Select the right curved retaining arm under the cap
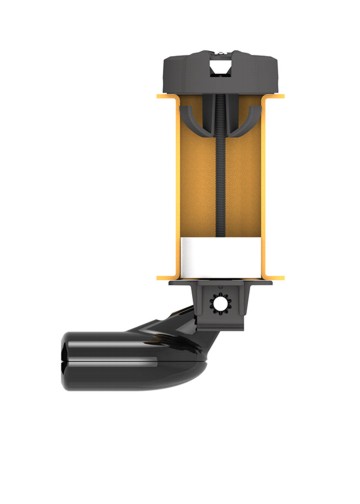(x=247, y=125)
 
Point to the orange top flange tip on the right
(x=281, y=97)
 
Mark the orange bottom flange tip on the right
(x=281, y=277)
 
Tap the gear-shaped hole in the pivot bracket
(x=221, y=303)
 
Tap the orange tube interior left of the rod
(x=193, y=200)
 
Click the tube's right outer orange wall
(x=266, y=190)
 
